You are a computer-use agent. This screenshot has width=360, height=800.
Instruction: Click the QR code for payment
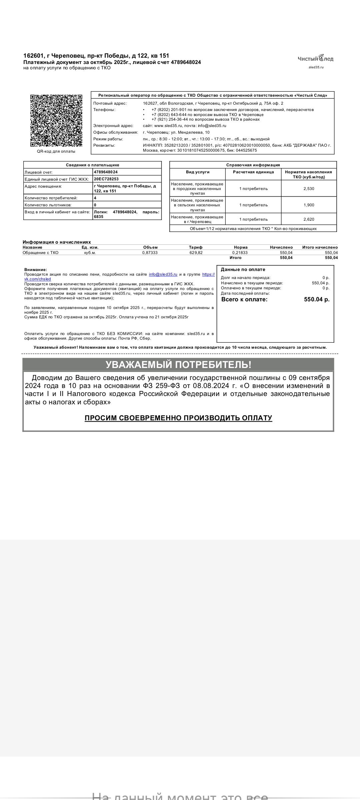coord(56,121)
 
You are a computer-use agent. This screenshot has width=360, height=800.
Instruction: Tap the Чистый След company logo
coord(315,59)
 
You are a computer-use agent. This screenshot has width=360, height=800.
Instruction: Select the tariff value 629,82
coord(196,253)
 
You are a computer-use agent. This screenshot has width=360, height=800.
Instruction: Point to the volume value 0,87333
coord(150,253)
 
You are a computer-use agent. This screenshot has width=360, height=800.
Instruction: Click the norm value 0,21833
coord(240,253)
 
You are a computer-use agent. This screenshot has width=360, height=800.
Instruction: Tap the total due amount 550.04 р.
coord(317,299)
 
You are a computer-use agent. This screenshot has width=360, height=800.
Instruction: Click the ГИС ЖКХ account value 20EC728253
coord(106,179)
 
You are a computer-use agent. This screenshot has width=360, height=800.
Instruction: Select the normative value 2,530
coord(309,189)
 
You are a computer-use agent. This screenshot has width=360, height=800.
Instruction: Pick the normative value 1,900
coord(309,205)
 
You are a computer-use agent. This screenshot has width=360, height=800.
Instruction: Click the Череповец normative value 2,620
coord(309,219)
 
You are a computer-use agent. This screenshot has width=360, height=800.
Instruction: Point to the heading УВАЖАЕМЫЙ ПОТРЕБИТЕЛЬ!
coord(178,365)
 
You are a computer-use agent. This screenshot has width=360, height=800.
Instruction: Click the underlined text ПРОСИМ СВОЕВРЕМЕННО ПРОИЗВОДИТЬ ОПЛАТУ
coord(178,418)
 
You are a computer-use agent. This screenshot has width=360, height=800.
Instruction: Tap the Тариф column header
coord(196,247)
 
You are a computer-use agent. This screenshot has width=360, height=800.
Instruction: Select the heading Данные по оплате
coord(243,269)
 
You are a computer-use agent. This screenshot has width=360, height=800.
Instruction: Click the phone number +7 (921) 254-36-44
coord(170,119)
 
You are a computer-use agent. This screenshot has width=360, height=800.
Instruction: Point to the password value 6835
coord(99,217)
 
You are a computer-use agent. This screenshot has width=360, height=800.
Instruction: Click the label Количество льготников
coord(48,205)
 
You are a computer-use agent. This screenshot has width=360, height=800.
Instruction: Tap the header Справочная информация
coord(253,165)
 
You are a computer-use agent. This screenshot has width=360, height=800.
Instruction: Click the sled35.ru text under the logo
coord(316,67)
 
